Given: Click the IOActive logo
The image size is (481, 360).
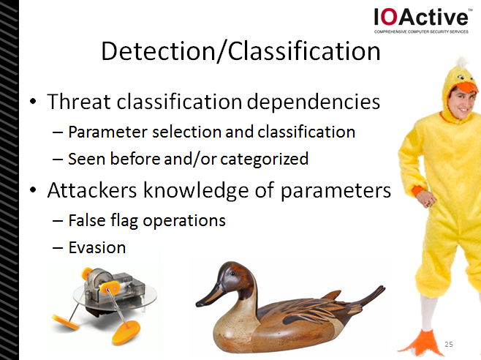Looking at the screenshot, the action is [x=421, y=20].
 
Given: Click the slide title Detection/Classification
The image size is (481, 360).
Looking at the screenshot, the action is [x=240, y=51].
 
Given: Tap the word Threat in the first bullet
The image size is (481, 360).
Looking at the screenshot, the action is [x=78, y=102].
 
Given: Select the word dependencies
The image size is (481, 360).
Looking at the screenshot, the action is [x=313, y=102].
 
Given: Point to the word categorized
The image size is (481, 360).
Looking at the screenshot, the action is [x=265, y=159].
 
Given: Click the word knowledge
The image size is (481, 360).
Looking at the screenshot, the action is [x=196, y=190].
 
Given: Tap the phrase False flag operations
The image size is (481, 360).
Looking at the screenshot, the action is [x=147, y=220].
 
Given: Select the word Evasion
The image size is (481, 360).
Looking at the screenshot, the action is [x=97, y=247].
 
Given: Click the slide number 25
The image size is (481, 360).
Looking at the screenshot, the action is [x=449, y=345].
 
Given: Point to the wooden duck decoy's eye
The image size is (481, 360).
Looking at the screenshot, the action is [x=232, y=273].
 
